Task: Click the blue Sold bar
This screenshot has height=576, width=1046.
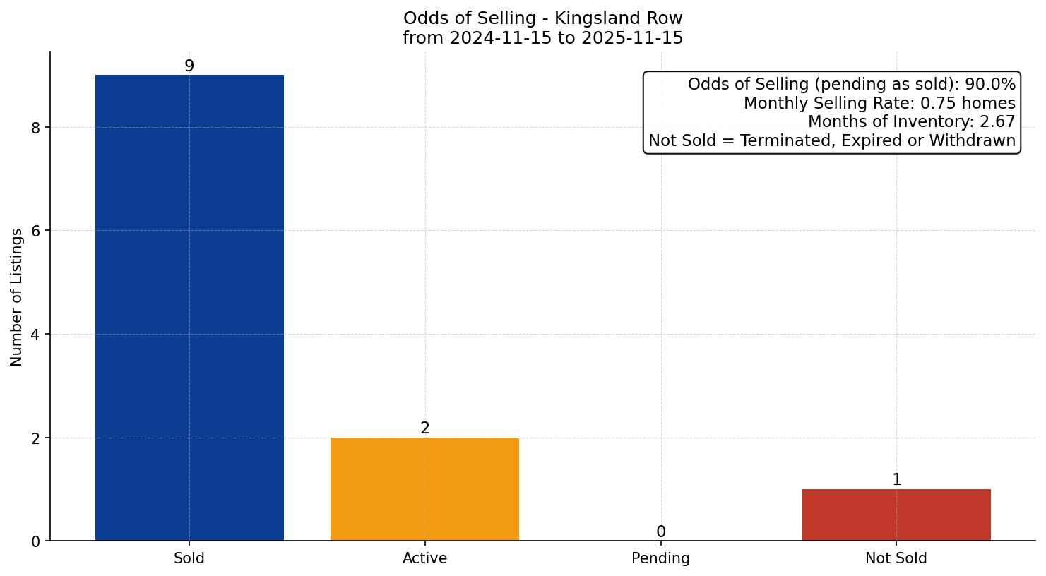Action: pyautogui.click(x=189, y=308)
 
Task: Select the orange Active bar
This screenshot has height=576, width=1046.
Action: pyautogui.click(x=424, y=489)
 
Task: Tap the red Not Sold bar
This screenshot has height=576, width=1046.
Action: pyautogui.click(x=896, y=515)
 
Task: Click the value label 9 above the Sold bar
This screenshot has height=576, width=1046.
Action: pyautogui.click(x=189, y=66)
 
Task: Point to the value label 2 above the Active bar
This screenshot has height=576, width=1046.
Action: pyautogui.click(x=424, y=428)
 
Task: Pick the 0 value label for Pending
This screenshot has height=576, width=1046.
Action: pyautogui.click(x=660, y=532)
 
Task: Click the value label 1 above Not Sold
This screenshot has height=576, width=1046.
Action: pyautogui.click(x=896, y=480)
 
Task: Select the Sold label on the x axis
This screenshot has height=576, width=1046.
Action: pyautogui.click(x=189, y=558)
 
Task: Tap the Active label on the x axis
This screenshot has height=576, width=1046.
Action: pyautogui.click(x=424, y=558)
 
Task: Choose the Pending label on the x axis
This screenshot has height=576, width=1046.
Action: pyautogui.click(x=660, y=558)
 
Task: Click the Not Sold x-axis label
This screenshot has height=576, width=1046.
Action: pyautogui.click(x=896, y=558)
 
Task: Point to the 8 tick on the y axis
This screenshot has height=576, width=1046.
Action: pyautogui.click(x=36, y=128)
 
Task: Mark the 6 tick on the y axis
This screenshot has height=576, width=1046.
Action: pyautogui.click(x=36, y=231)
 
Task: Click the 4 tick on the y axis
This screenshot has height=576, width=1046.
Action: pyautogui.click(x=36, y=335)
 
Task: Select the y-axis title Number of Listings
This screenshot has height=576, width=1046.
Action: pyautogui.click(x=17, y=296)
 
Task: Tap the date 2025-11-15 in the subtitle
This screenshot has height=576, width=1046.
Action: pyautogui.click(x=631, y=38)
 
